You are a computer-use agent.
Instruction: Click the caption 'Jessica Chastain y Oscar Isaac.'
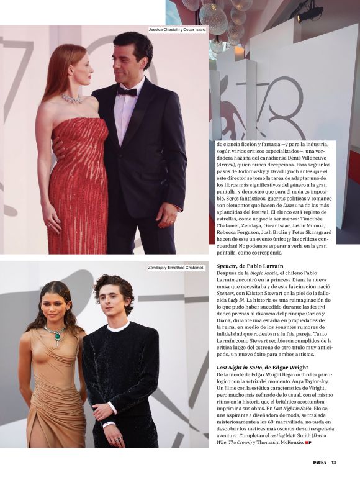click(176, 29)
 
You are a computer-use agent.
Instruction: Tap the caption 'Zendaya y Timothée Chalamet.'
click(176, 268)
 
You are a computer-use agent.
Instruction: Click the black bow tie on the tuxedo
click(128, 92)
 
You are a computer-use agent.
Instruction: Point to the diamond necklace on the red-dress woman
click(71, 99)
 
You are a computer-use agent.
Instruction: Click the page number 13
click(333, 461)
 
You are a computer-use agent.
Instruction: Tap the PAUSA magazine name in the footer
click(319, 461)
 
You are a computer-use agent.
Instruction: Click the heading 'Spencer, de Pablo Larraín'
click(246, 265)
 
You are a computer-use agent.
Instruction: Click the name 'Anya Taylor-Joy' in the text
click(314, 383)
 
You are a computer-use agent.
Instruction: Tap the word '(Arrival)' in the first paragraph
click(226, 165)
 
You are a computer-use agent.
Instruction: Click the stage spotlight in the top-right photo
click(309, 12)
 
